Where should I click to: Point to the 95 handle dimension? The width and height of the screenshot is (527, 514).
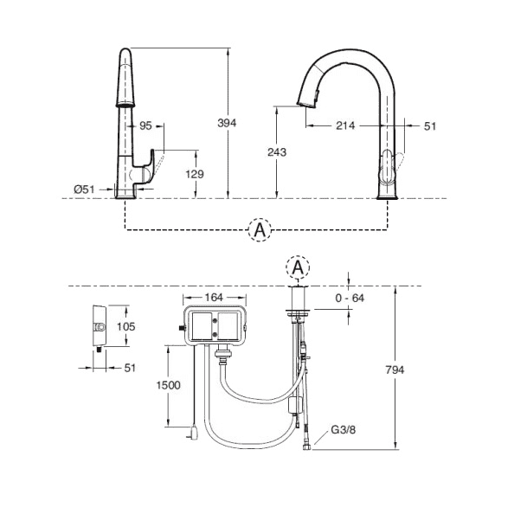pos(145,125)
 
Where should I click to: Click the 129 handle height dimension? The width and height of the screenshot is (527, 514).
pos(196,174)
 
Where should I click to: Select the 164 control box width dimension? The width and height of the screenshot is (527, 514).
pos(214,298)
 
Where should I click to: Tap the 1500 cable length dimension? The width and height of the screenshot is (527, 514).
pos(169,385)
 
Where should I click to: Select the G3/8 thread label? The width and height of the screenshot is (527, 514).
pos(342,429)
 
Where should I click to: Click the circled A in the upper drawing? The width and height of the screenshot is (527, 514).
pos(260,229)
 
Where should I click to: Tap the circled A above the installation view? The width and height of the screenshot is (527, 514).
pos(298,268)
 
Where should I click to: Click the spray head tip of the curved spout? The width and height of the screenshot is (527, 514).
pos(305,102)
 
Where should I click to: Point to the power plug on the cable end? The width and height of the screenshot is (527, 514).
pos(194,433)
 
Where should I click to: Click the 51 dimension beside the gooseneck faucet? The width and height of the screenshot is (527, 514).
pos(430,125)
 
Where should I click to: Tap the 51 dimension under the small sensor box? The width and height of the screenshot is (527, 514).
pos(131,368)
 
